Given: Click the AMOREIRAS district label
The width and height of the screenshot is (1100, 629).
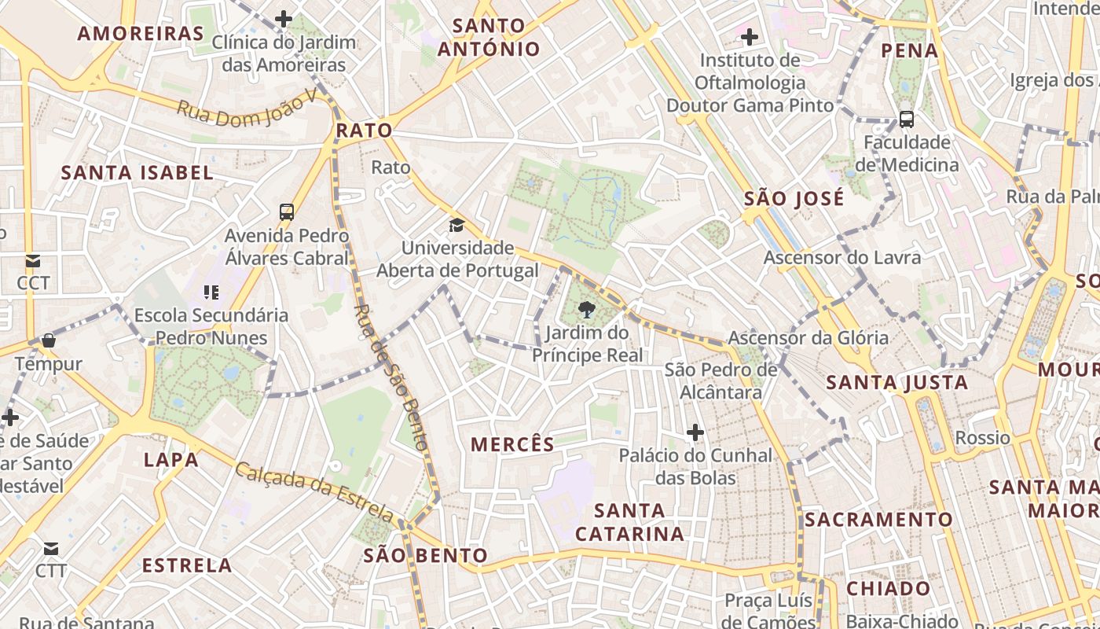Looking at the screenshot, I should pyautogui.click(x=141, y=33).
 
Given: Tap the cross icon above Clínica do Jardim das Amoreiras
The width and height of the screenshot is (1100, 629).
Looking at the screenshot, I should pyautogui.click(x=284, y=19).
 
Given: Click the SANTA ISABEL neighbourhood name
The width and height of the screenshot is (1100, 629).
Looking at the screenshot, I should pyautogui.click(x=137, y=173).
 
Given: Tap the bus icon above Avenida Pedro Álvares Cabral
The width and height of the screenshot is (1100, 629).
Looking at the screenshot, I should pyautogui.click(x=287, y=212).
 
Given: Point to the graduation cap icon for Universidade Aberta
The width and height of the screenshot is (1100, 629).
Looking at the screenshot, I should pyautogui.click(x=456, y=226).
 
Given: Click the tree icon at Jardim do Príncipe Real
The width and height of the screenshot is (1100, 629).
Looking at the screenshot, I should pyautogui.click(x=587, y=310).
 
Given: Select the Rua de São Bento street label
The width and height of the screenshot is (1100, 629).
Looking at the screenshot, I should pyautogui.click(x=392, y=377).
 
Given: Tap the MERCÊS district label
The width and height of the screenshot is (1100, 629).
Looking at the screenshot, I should pyautogui.click(x=512, y=444).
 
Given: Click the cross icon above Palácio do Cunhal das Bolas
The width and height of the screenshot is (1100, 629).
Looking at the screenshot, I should pyautogui.click(x=695, y=432).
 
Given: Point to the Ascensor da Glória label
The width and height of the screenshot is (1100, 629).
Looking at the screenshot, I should pyautogui.click(x=808, y=338).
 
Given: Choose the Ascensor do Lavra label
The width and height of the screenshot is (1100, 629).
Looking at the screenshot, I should pyautogui.click(x=842, y=257).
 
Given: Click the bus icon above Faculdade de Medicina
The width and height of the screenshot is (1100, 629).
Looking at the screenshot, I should pyautogui.click(x=907, y=120).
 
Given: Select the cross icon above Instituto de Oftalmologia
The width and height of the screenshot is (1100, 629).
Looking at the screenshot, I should pyautogui.click(x=750, y=36).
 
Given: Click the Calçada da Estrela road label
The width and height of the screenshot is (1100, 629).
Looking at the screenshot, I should pyautogui.click(x=314, y=492).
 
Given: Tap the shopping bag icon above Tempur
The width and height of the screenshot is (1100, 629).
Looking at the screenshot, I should pyautogui.click(x=49, y=340).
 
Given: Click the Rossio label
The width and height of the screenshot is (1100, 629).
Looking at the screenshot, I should pyautogui.click(x=982, y=438).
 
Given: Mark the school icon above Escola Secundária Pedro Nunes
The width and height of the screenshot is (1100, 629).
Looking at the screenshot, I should pyautogui.click(x=211, y=292).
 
